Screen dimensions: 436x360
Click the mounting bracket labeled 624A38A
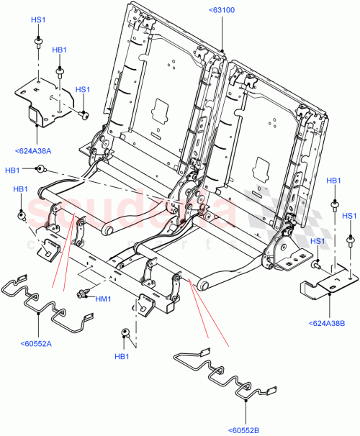pyautogui.click(x=43, y=101)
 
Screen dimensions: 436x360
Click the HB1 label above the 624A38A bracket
pyautogui.click(x=60, y=50)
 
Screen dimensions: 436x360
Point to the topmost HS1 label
pyautogui.click(x=38, y=21)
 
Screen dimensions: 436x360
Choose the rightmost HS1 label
pyautogui.click(x=349, y=216)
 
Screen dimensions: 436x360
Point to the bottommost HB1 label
pyautogui.click(x=122, y=357)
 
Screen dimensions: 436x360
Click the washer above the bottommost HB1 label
pyautogui.click(x=124, y=333)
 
